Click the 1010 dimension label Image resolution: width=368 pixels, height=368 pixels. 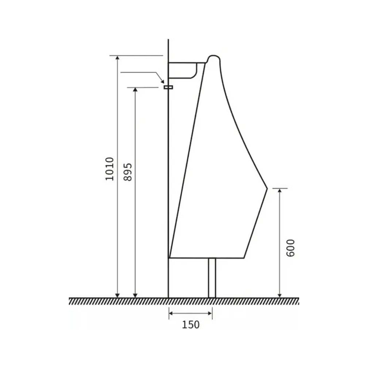tap(110, 169)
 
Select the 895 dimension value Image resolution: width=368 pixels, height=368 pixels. tap(128, 172)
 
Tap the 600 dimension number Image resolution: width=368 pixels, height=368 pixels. tap(291, 248)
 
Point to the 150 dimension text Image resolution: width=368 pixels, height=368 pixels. tap(191, 325)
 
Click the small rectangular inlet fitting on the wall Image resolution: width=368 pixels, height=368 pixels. tap(168, 87)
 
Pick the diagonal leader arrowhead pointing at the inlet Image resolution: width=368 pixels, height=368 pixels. tap(162, 81)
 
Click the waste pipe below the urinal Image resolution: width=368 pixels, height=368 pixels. tap(212, 278)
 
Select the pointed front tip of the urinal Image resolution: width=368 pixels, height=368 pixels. tap(267, 188)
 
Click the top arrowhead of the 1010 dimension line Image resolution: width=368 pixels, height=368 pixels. tap(118, 58)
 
